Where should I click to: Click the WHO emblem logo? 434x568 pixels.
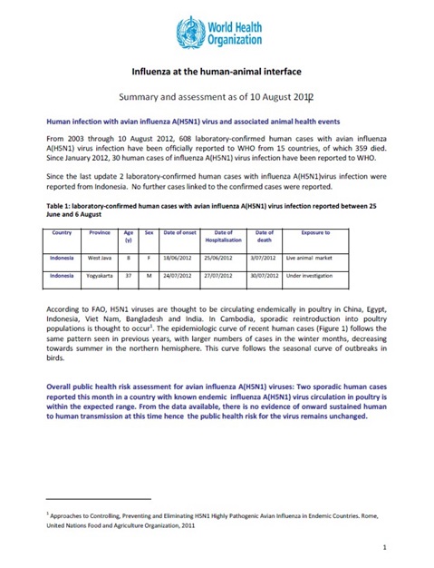click(192, 34)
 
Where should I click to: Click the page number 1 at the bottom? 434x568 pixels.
click(385, 547)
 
